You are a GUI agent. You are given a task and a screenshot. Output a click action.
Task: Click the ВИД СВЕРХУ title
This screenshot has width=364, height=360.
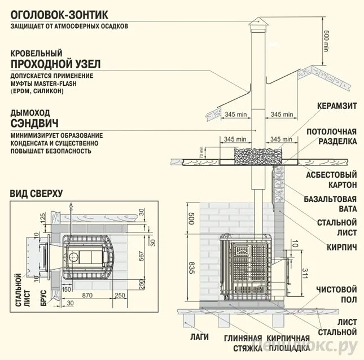pos(36,194)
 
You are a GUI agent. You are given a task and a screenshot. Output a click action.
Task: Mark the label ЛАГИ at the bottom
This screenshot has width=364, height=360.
pos(200,337)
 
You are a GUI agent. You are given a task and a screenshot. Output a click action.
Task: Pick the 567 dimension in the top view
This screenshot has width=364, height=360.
pos(141,256)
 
